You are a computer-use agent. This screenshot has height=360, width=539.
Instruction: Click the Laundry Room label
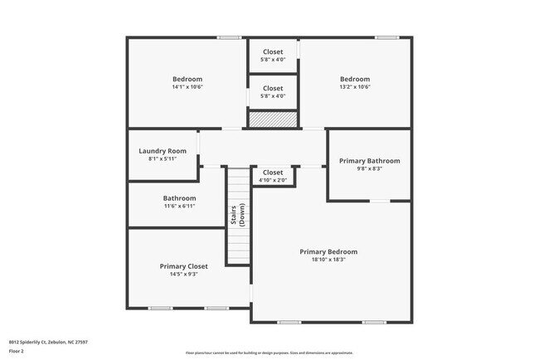(163, 151)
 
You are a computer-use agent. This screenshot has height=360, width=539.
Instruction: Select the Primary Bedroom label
(328, 251)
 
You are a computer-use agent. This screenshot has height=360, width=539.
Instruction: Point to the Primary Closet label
(183, 266)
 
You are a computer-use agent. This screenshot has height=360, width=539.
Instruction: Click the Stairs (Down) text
(238, 216)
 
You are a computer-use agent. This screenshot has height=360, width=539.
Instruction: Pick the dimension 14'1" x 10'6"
(187, 86)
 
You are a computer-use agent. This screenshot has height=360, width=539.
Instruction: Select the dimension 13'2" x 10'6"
(354, 86)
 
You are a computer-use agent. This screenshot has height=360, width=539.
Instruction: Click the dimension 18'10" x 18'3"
(328, 259)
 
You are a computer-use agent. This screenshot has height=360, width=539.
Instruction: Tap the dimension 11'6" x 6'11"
(179, 206)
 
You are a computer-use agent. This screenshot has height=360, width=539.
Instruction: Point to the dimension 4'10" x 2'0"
(272, 180)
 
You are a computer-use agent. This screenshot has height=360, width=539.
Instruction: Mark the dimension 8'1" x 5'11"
(163, 158)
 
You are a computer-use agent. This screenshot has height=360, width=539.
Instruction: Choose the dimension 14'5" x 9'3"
(183, 274)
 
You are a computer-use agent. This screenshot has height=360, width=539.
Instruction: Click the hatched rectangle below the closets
(273, 119)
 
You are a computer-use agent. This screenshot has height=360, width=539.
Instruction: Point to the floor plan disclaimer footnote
(269, 352)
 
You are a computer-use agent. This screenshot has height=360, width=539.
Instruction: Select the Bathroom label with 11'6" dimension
(179, 198)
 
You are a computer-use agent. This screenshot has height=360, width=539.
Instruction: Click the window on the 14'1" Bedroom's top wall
(230, 37)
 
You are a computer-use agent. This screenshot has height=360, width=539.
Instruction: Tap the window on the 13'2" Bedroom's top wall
(386, 37)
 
